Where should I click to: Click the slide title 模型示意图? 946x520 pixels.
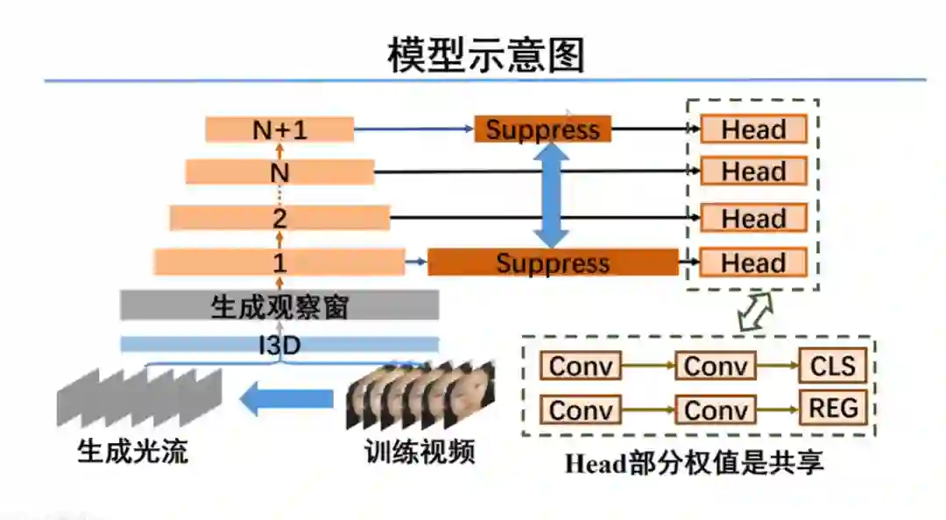(x=486, y=54)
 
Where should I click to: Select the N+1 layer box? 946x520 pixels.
(x=279, y=130)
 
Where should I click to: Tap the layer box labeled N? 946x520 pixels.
(x=279, y=172)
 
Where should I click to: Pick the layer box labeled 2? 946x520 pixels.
(x=279, y=218)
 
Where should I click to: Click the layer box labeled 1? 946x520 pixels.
(x=279, y=262)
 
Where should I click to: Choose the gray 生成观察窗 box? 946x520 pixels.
(x=279, y=306)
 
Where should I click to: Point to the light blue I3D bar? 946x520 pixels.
(x=279, y=345)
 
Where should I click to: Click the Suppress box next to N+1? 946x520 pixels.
(x=542, y=130)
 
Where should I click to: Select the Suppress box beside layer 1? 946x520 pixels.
(x=552, y=262)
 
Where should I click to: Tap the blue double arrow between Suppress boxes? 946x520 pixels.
(x=552, y=195)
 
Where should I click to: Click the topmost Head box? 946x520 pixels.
(x=753, y=130)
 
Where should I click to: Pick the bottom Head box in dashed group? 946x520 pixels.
(x=753, y=262)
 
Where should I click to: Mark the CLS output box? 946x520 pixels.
(x=832, y=365)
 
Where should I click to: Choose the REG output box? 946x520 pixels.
(x=832, y=408)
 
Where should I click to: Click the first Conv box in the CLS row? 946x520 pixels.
(x=580, y=366)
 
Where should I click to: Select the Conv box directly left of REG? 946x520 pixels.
(x=715, y=410)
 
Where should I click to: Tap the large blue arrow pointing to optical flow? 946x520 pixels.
(x=286, y=400)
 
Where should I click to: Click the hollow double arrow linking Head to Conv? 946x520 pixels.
(x=756, y=312)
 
